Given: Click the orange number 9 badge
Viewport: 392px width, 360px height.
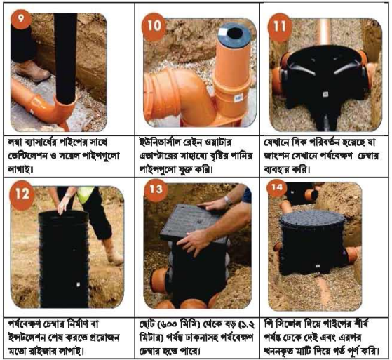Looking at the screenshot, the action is pos(21,20).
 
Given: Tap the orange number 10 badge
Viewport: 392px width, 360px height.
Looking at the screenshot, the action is pos(154,27).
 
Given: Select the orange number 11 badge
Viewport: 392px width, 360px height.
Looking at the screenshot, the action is pos(280,27).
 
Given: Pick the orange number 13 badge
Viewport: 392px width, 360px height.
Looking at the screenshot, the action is pos(156,189).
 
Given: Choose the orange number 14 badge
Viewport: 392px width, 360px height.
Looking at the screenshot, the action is pos(276,188).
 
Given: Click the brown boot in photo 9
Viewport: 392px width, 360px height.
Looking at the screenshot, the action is pos(32,71).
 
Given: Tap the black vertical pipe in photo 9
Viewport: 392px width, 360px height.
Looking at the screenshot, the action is pos(65,58).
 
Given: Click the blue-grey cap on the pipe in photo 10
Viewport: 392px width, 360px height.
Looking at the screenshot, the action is pos(234,34).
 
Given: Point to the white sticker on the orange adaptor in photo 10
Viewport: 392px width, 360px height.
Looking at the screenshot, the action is pos(238,98).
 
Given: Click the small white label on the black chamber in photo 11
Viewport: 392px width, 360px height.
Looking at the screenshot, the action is pos(325,94).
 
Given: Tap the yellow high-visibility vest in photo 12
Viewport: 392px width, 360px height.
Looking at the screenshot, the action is pos(86,194).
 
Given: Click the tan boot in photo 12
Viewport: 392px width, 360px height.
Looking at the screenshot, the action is pos(113,252).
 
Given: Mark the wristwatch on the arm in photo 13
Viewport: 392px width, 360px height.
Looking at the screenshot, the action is pos(227,201).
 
